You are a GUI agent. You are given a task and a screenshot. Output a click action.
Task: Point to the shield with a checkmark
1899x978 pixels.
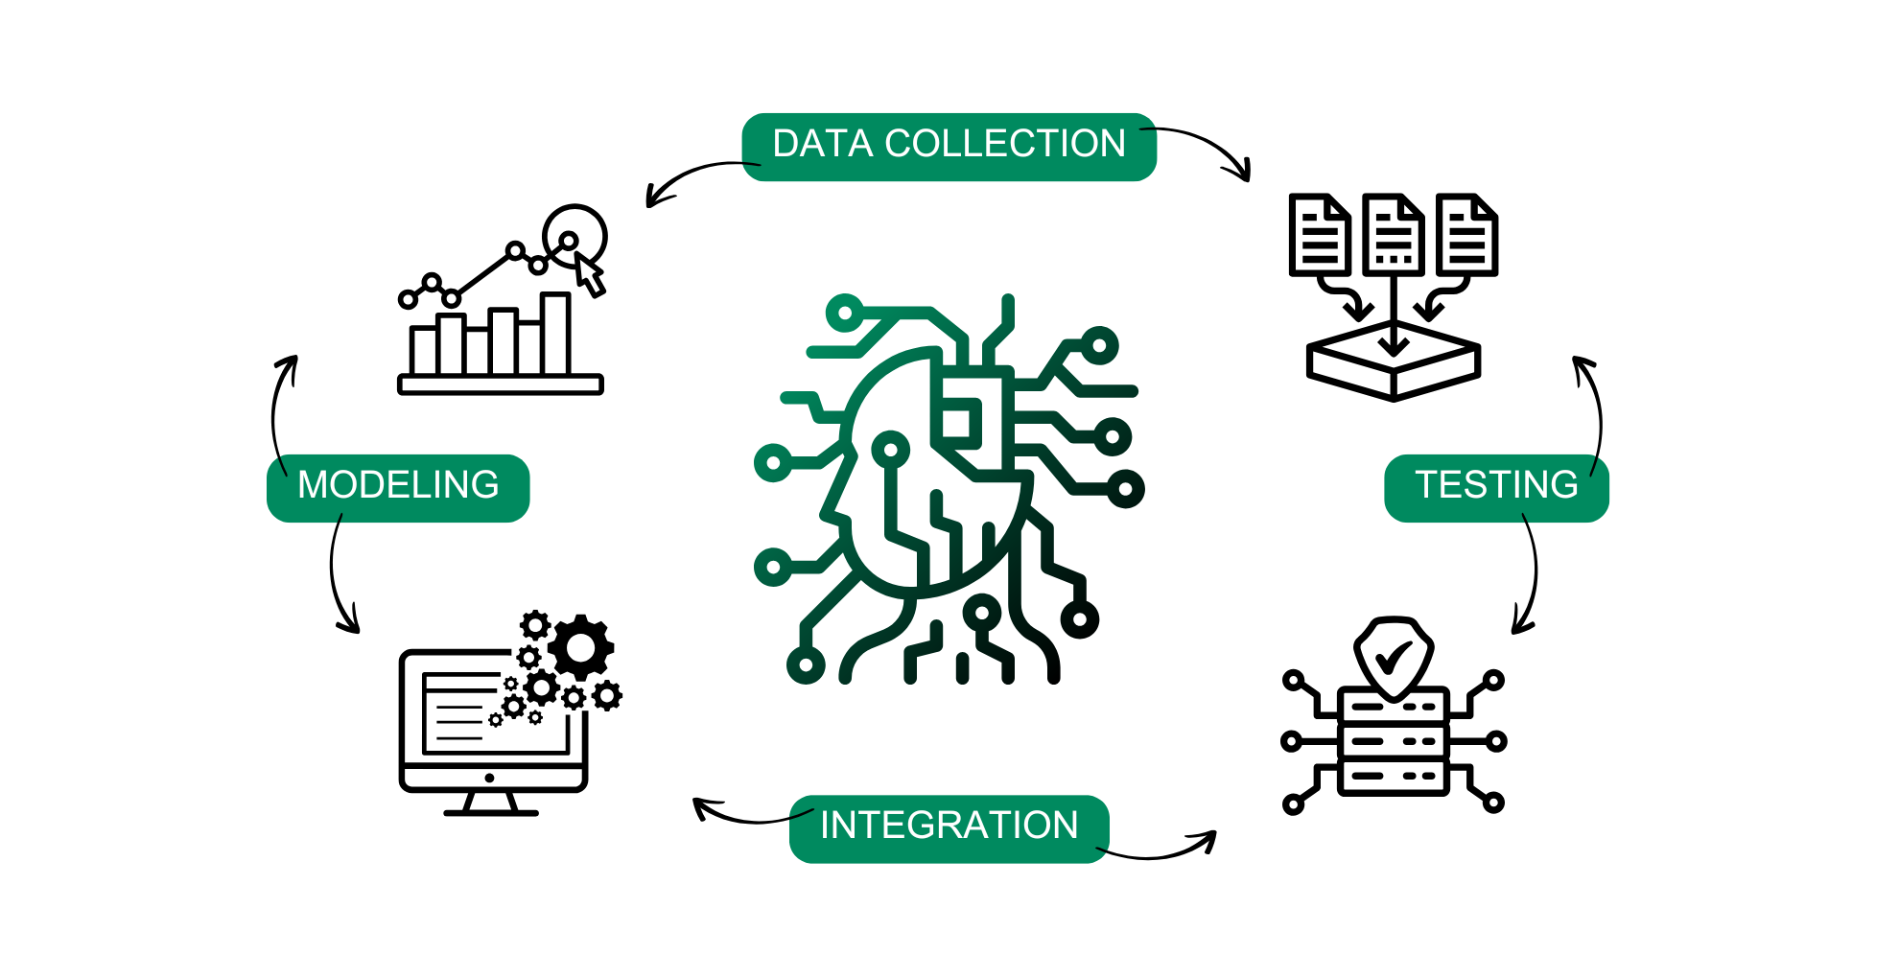pos(1393,657)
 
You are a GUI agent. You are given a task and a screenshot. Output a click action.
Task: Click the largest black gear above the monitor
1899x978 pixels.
pos(580,648)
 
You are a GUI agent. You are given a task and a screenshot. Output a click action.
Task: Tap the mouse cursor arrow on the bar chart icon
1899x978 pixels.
pos(589,276)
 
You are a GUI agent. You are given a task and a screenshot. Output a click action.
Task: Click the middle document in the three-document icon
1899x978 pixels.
pos(1393,235)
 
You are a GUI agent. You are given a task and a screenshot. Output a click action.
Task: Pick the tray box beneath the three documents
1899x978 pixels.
pos(1393,364)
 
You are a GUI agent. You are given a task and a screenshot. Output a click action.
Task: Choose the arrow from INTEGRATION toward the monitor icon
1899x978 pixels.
pos(738,815)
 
